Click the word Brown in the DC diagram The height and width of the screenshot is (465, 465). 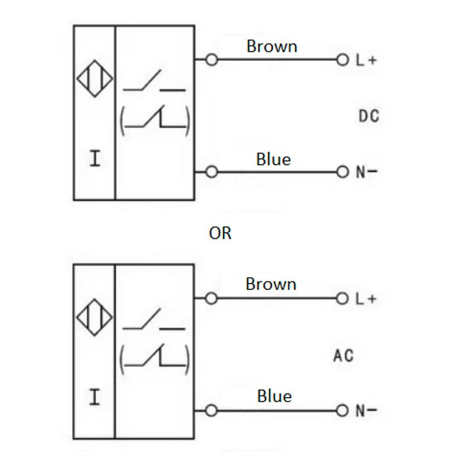[271, 46]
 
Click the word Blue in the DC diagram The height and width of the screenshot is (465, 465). [273, 159]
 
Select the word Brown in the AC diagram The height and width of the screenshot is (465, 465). [271, 284]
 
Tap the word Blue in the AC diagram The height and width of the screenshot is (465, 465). [274, 396]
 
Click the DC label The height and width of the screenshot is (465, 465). [369, 116]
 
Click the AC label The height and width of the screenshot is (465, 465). [344, 355]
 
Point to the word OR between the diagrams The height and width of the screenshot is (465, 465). [220, 233]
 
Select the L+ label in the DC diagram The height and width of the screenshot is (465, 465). [366, 60]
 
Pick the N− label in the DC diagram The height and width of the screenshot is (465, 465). [366, 172]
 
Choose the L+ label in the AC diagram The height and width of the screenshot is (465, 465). [366, 299]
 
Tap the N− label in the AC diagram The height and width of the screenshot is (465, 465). [366, 411]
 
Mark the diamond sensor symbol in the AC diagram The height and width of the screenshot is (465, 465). [95, 317]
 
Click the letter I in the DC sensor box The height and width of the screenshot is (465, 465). [95, 159]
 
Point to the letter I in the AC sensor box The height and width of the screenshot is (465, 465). [95, 398]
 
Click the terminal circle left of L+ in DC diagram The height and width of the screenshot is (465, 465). [342, 60]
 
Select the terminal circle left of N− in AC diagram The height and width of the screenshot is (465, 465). [342, 411]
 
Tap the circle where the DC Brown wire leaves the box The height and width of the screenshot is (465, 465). [212, 60]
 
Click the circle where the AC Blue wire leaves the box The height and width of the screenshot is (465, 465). [212, 411]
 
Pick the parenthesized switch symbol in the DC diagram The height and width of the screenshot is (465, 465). [155, 120]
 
